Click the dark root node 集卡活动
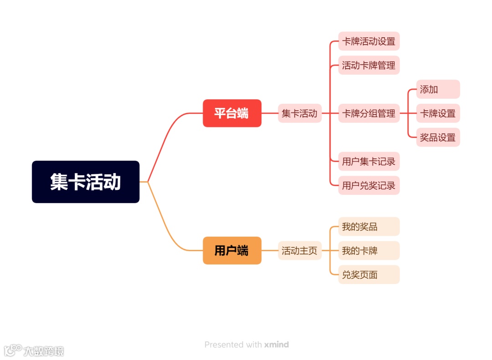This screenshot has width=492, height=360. pyautogui.click(x=86, y=182)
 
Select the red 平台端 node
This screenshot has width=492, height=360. pyautogui.click(x=232, y=113)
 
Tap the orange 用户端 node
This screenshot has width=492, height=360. pyautogui.click(x=232, y=250)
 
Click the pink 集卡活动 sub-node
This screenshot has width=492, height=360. pyautogui.click(x=300, y=113)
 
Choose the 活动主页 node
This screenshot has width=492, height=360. pyautogui.click(x=300, y=250)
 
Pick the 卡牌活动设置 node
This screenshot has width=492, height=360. pyautogui.click(x=369, y=41)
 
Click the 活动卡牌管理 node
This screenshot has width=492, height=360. pyautogui.click(x=369, y=65)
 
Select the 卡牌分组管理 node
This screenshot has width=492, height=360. pyautogui.click(x=369, y=113)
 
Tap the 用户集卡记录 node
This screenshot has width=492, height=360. pyautogui.click(x=369, y=161)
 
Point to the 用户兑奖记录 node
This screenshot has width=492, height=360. pyautogui.click(x=369, y=185)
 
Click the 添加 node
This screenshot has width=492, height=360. pyautogui.click(x=438, y=89)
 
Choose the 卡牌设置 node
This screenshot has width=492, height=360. pyautogui.click(x=438, y=113)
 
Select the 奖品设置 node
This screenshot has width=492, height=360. pyautogui.click(x=438, y=137)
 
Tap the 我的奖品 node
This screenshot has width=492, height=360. pyautogui.click(x=369, y=226)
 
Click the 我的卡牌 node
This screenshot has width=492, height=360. pyautogui.click(x=369, y=250)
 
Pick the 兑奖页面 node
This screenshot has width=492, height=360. pyautogui.click(x=369, y=274)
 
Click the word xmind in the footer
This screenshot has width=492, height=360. pyautogui.click(x=276, y=345)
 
